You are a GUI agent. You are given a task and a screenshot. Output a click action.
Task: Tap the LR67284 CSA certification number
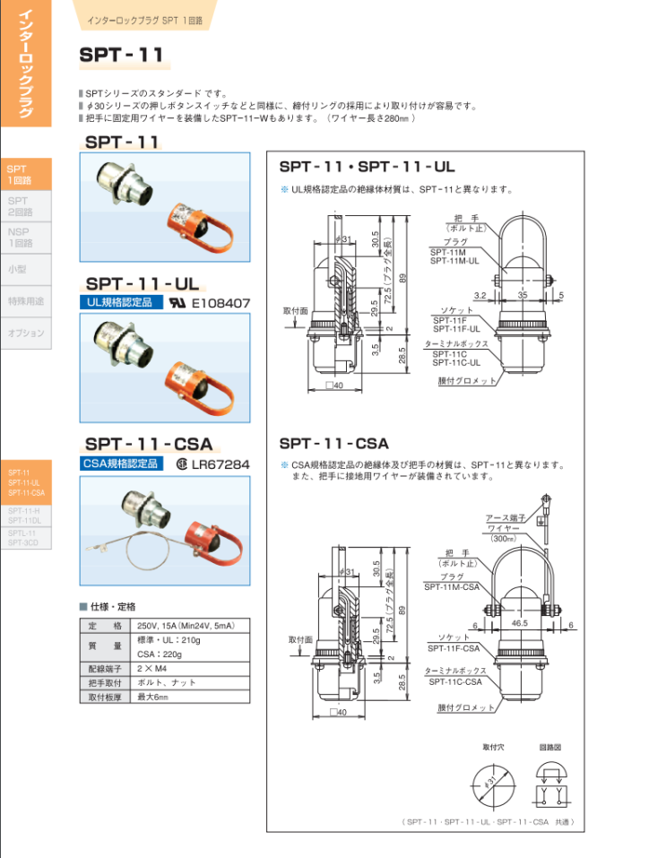click(x=220, y=464)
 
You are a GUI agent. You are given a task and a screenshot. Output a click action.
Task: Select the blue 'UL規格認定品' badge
click(x=120, y=302)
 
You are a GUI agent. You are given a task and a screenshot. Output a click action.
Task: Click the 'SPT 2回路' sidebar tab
click(x=20, y=206)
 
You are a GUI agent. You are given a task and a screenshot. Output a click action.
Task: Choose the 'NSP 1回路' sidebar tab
click(x=20, y=237)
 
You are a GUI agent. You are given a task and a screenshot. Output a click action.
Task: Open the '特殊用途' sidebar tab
click(x=25, y=300)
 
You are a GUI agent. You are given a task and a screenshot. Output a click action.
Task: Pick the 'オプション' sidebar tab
click(x=25, y=333)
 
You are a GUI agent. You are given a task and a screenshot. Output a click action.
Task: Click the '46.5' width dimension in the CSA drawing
click(x=518, y=622)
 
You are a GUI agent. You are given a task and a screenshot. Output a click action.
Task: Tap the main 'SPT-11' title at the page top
click(x=122, y=55)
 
